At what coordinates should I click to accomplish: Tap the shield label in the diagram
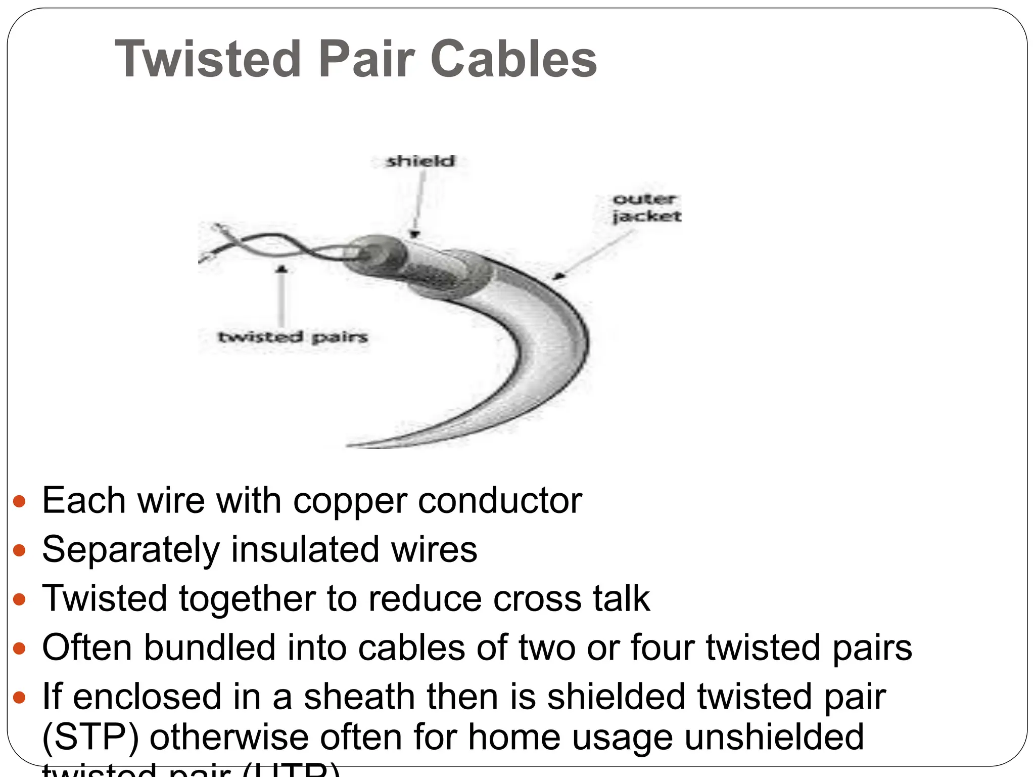click(420, 161)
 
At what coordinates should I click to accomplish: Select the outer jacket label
click(646, 208)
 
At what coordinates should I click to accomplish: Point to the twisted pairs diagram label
click(293, 337)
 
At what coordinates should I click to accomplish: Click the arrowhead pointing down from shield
click(414, 234)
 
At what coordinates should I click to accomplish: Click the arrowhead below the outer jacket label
click(557, 276)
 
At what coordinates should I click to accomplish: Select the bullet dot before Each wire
click(19, 501)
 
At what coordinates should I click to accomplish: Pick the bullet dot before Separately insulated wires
click(19, 550)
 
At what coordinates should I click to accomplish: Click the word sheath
click(359, 697)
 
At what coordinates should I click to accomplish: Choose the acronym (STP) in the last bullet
click(90, 737)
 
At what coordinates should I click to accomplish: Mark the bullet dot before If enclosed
click(19, 698)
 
